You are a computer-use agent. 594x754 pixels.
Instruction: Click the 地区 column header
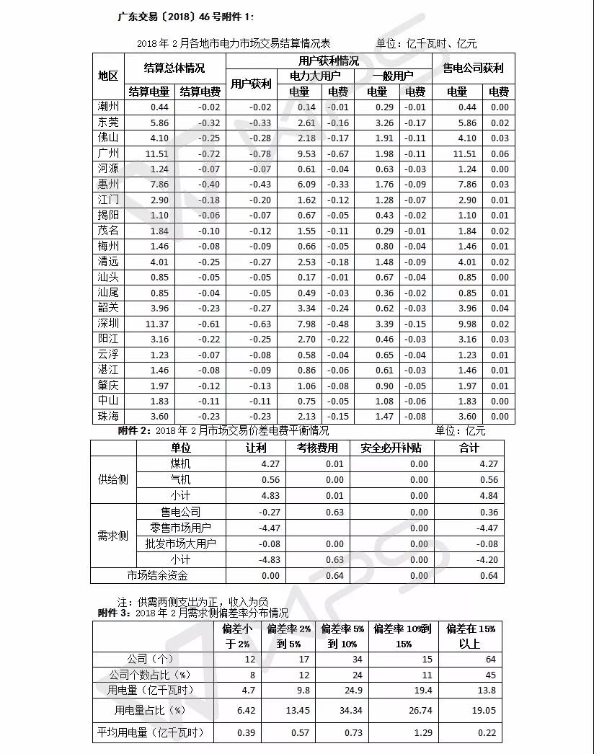point(108,76)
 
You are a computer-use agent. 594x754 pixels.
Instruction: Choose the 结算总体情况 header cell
point(174,68)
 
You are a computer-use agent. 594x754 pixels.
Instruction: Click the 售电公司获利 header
point(473,68)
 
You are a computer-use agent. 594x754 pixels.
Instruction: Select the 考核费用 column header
point(317,448)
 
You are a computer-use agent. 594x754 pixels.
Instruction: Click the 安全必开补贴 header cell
point(391,448)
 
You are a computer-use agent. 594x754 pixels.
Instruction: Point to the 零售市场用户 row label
point(180,528)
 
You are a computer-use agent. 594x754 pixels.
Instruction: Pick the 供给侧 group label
point(113,479)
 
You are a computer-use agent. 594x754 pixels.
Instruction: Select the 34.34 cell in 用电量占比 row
point(342,711)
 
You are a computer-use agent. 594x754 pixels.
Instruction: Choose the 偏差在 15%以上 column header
point(471,636)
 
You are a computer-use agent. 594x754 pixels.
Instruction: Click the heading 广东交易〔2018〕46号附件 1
point(185,16)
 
